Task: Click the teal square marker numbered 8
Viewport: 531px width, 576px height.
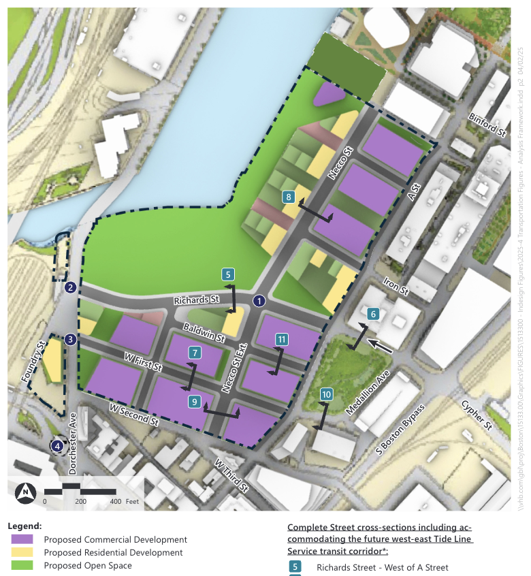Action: pyautogui.click(x=289, y=197)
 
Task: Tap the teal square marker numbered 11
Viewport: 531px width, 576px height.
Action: pyautogui.click(x=282, y=339)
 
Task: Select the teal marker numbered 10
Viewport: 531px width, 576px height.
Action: pyautogui.click(x=327, y=394)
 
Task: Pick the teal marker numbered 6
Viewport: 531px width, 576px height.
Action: pyautogui.click(x=372, y=315)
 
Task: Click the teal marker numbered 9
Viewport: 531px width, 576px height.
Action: pyautogui.click(x=195, y=402)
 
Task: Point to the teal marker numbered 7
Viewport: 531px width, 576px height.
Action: pyautogui.click(x=195, y=353)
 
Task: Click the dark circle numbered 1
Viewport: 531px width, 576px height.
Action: pyautogui.click(x=259, y=300)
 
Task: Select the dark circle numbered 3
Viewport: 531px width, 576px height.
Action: pyautogui.click(x=70, y=339)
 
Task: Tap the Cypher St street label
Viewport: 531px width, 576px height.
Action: pyautogui.click(x=476, y=415)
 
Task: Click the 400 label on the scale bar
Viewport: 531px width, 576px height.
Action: pyautogui.click(x=114, y=502)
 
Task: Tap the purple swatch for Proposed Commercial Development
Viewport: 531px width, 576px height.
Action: pyautogui.click(x=22, y=539)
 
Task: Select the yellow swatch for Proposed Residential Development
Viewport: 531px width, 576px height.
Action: pyautogui.click(x=22, y=552)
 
